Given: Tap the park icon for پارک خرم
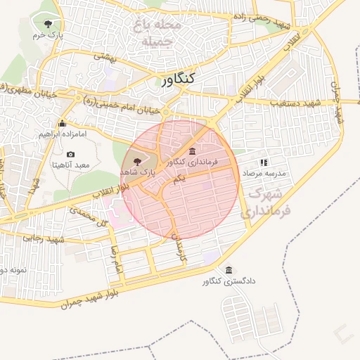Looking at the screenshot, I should coord(48,24).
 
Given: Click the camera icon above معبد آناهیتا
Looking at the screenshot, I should coord(70,154).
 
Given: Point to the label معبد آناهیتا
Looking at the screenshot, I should coord(70,165).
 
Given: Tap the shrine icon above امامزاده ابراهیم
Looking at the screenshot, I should coord(62,123).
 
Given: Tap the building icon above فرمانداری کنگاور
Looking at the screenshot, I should coord(193,152).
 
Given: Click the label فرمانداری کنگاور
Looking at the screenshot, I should coord(193,162).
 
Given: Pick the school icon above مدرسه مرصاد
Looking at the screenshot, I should coord(264,162).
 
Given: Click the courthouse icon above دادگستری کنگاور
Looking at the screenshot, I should coord(229,271).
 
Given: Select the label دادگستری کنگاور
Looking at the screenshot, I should coord(229,281).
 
